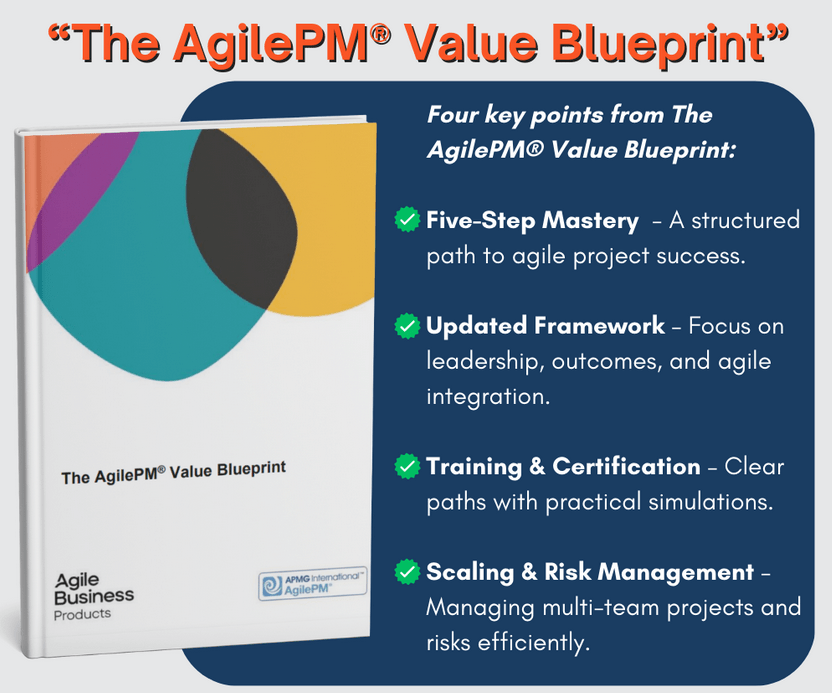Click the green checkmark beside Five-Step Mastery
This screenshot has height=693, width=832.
(x=408, y=219)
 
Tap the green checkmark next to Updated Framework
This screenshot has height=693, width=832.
(x=408, y=326)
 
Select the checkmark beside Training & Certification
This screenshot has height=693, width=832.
(x=408, y=466)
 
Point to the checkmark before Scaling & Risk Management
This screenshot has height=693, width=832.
(x=408, y=571)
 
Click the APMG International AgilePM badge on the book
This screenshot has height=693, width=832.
(x=313, y=584)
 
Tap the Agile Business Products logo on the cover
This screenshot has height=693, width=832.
(x=94, y=596)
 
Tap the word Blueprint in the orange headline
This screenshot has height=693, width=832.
(x=662, y=45)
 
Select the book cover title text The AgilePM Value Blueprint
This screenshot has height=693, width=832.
(x=174, y=472)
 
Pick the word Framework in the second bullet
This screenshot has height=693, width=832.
(x=599, y=325)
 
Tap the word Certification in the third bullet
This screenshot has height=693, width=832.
(x=626, y=466)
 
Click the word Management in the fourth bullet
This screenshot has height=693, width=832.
(x=675, y=573)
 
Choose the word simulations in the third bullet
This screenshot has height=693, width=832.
(x=710, y=502)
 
